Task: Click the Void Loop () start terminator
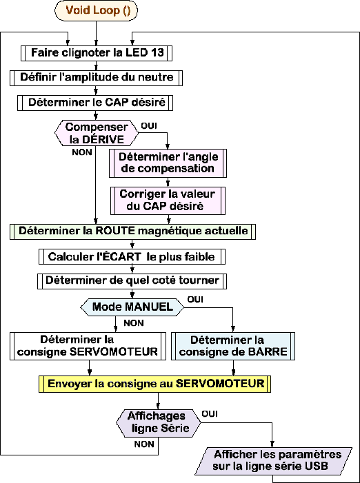click(x=96, y=11)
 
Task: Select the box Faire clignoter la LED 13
click(x=96, y=53)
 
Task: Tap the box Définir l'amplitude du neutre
click(x=96, y=78)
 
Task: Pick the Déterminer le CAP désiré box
click(x=95, y=103)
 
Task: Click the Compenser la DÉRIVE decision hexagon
click(x=97, y=133)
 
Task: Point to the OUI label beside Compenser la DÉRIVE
click(x=149, y=126)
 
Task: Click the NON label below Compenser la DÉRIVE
click(x=82, y=152)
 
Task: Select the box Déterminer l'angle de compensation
click(x=168, y=163)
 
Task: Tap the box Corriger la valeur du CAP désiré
click(x=168, y=201)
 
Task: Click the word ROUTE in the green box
click(x=116, y=231)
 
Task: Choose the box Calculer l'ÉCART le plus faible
click(x=132, y=256)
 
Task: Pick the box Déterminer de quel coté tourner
click(x=132, y=280)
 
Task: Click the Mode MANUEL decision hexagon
click(x=132, y=307)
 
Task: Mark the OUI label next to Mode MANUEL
click(x=194, y=300)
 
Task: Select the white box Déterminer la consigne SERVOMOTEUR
click(x=88, y=346)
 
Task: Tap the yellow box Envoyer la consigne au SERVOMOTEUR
click(x=154, y=384)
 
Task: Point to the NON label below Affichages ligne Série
click(x=144, y=444)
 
